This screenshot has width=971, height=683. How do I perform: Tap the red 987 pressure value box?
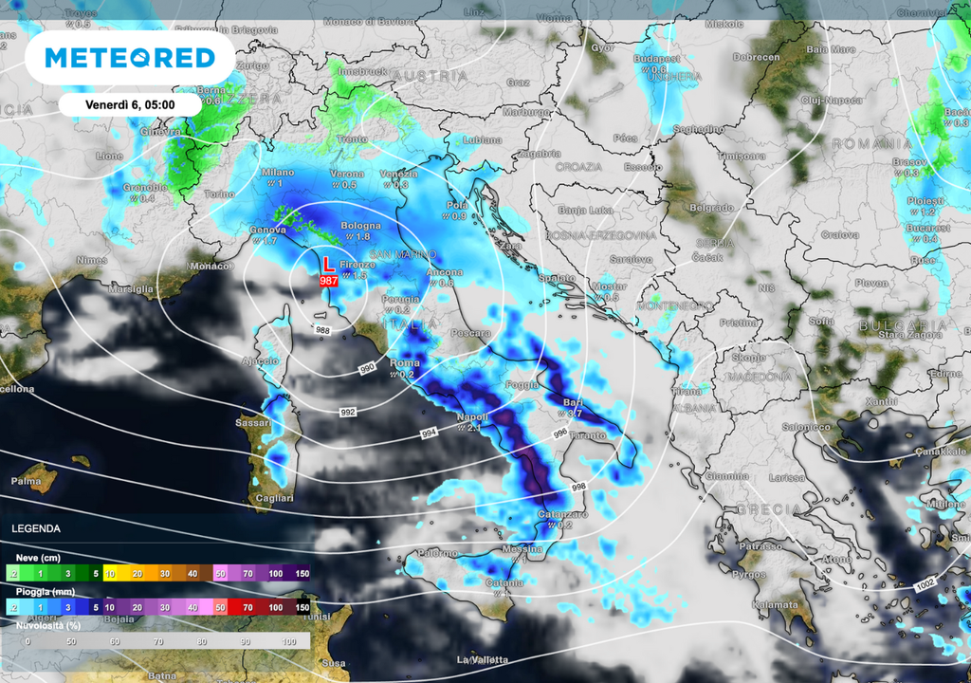pyautogui.click(x=329, y=281)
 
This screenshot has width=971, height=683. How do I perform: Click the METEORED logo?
pyautogui.click(x=130, y=59)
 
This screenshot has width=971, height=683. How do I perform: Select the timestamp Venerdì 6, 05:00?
pyautogui.click(x=129, y=104)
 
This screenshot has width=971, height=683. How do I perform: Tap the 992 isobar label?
pyautogui.click(x=348, y=413)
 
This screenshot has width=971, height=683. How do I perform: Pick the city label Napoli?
pyautogui.click(x=472, y=417)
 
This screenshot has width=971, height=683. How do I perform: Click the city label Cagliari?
pyautogui.click(x=275, y=498)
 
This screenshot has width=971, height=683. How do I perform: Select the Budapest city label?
pyautogui.click(x=656, y=59)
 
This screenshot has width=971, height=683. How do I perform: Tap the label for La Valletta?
pyautogui.click(x=483, y=659)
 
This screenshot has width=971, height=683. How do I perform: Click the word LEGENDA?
pyautogui.click(x=36, y=528)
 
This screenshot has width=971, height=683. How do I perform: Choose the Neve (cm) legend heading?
pyautogui.click(x=39, y=559)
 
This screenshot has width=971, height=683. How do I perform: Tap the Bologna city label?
pyautogui.click(x=361, y=226)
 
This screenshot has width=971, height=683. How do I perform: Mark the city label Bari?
pyautogui.click(x=573, y=402)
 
